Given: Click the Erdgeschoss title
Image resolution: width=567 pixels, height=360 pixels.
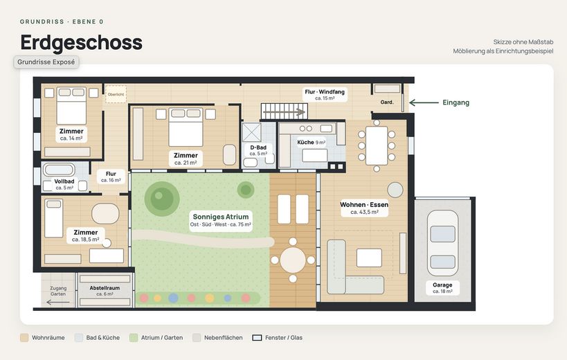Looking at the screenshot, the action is coord(82,43).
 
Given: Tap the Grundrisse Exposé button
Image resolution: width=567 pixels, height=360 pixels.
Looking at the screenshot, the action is coord(46,62).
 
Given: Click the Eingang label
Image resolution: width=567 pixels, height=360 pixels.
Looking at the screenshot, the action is coord(456,102).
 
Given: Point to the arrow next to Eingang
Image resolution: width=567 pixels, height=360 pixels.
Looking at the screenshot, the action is coord(424,102).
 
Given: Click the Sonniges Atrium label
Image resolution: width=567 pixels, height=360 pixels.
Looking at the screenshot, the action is coord(221,220).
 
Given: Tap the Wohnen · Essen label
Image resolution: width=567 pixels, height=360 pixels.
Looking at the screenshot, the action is coord(364,208).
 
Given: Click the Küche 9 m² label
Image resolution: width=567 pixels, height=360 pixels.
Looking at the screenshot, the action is coord(312,143).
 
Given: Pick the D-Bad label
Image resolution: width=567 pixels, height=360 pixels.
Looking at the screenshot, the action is coord(258,150).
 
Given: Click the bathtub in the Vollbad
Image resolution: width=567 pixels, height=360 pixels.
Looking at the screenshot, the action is coord(59,170).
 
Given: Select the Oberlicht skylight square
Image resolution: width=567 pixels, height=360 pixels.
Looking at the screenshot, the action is coord(116,94).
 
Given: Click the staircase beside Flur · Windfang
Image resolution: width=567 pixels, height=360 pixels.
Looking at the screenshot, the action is coord(285,111).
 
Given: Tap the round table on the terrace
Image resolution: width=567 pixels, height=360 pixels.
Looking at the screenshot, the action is coord(293,260).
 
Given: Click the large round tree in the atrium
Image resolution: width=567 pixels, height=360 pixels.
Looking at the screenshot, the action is coord(162,199).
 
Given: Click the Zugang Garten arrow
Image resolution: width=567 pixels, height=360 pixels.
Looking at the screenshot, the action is coord(58,302).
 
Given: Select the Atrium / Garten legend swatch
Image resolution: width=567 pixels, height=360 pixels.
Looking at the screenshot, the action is coord(134,338).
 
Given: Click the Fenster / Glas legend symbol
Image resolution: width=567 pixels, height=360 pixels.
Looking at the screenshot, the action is coord(257,338).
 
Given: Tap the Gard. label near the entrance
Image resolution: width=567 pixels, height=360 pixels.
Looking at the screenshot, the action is coord(387,102).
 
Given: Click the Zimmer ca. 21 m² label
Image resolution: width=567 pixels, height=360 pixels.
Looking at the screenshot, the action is coord(186,159).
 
